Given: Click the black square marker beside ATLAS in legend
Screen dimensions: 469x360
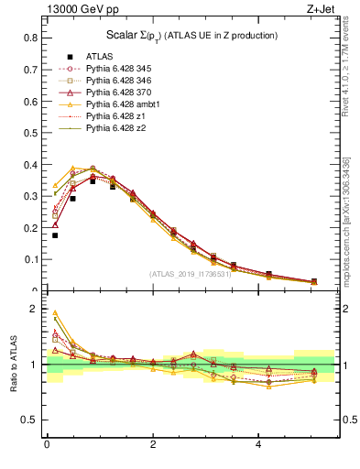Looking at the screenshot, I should coord(70,57).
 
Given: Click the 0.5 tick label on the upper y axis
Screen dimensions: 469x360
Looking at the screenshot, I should coord(30,133).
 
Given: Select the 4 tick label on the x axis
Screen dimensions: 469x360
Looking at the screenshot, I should coord(258,446).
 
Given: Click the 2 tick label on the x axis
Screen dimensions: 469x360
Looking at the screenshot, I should coord(152,446).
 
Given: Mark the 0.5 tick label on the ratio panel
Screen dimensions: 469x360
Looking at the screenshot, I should coord(30,420).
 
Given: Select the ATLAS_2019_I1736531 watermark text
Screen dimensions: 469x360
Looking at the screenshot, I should coord(191,274).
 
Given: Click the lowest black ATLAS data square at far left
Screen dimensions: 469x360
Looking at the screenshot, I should coord(55,235).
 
